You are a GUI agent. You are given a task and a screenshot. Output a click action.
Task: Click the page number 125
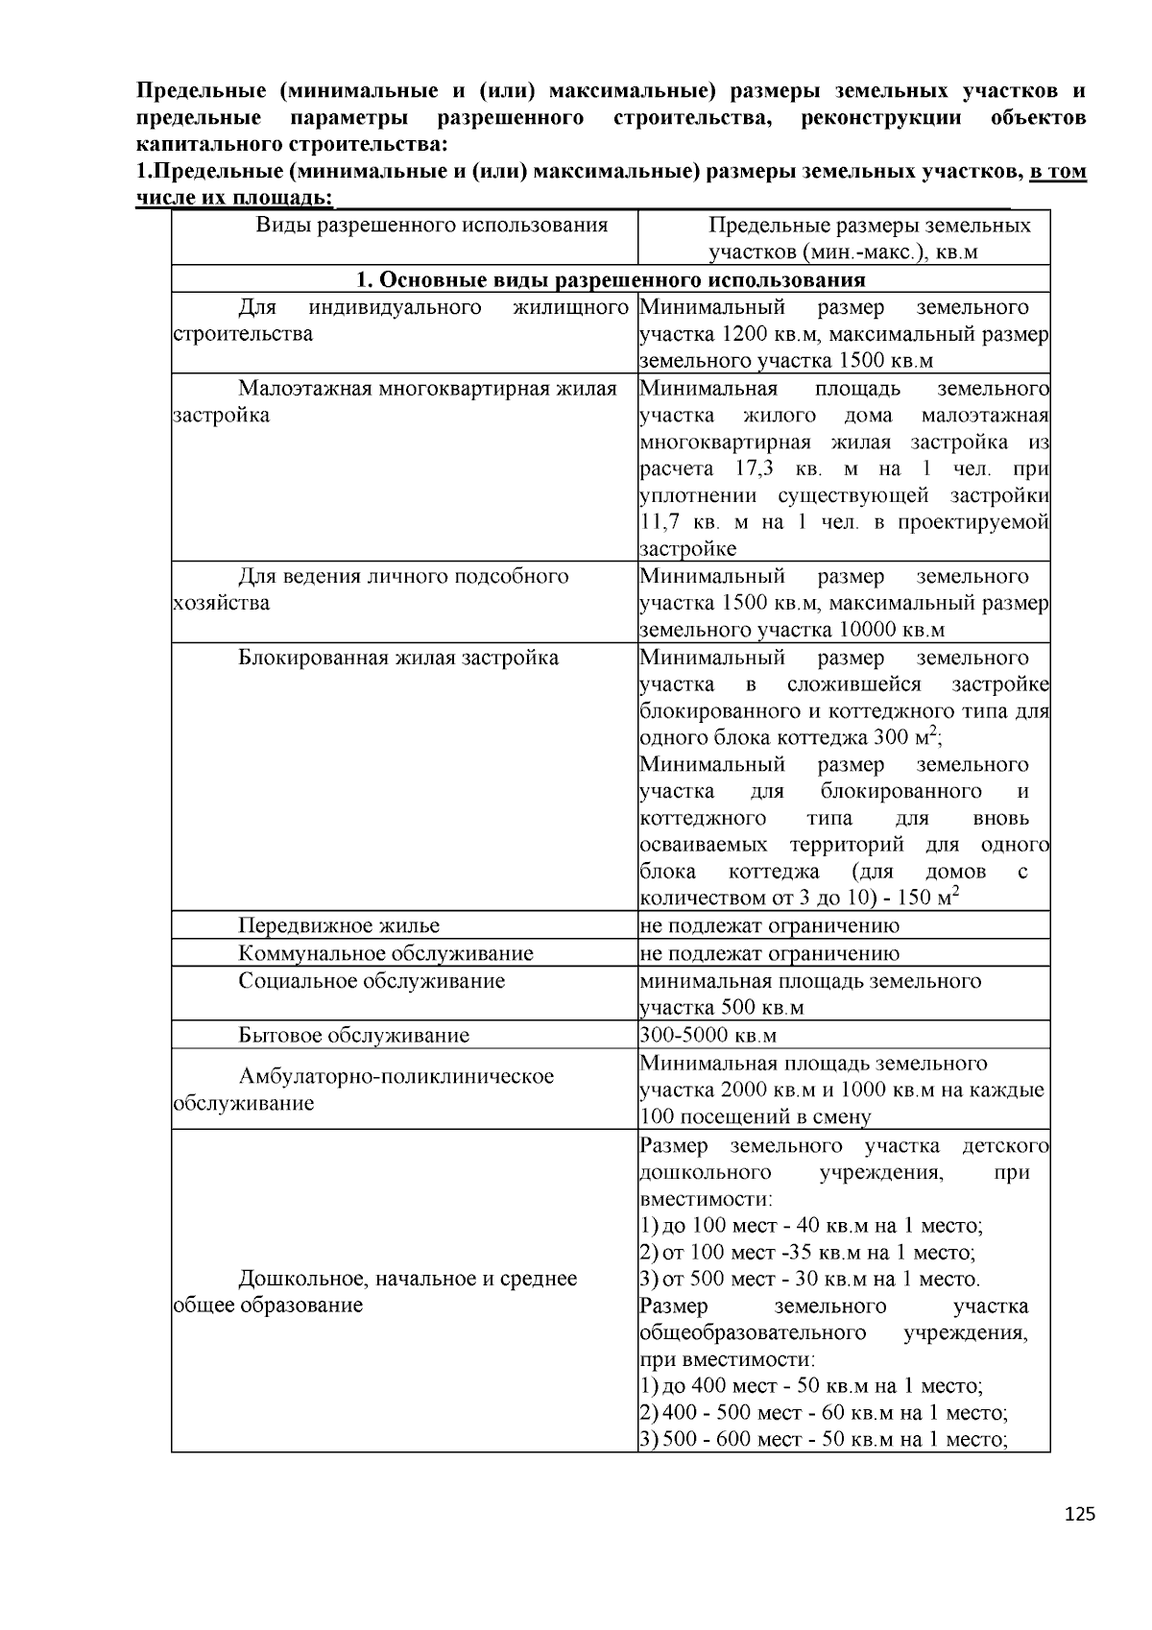(1079, 1514)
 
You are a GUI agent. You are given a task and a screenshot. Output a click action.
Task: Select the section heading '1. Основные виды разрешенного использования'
(611, 280)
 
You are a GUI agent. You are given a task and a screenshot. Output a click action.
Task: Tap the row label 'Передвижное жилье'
(338, 926)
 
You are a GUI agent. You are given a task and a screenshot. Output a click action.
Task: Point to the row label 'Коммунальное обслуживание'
(385, 953)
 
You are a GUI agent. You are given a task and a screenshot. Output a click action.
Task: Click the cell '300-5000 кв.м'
(708, 1036)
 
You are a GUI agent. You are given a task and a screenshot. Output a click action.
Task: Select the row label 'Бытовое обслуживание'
(353, 1036)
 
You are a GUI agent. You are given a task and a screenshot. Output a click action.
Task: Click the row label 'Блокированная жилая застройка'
(397, 659)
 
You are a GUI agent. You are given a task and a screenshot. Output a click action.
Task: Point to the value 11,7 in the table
(665, 523)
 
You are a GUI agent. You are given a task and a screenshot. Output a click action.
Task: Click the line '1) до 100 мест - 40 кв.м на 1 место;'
(811, 1226)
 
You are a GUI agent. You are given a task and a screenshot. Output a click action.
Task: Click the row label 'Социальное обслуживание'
(371, 981)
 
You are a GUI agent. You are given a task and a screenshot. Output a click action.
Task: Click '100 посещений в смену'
(756, 1117)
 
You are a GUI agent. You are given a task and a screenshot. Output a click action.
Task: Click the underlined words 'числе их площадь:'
(235, 199)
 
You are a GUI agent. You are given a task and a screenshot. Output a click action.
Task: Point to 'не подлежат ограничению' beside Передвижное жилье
(770, 926)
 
